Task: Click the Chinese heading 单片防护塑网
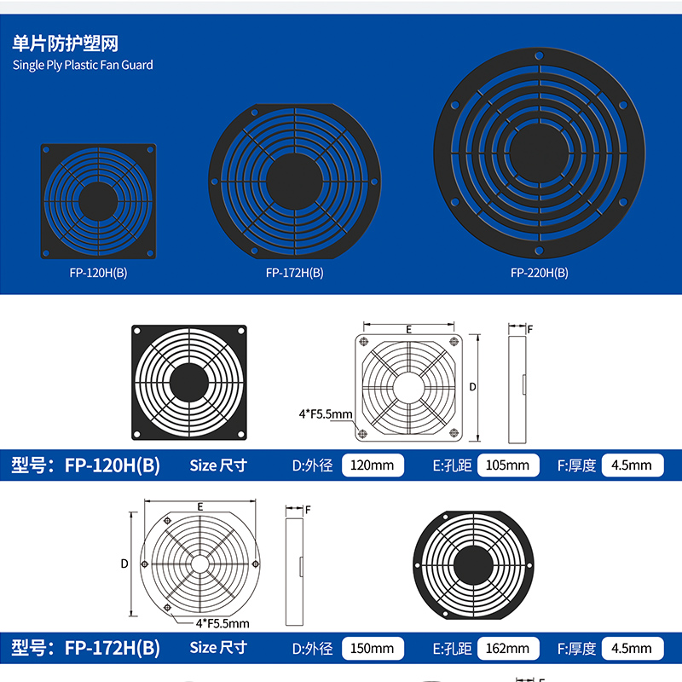point(66,43)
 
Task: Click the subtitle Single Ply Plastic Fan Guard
point(83,66)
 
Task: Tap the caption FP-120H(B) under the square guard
point(98,273)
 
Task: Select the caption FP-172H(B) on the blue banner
point(294,273)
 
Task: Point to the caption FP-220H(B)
point(540,273)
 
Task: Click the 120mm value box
point(373,465)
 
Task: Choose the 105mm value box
point(508,465)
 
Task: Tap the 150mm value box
point(373,648)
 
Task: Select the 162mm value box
point(508,648)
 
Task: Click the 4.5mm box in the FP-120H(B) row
point(633,465)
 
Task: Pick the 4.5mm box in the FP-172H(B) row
point(633,648)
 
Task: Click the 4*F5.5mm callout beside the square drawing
point(326,413)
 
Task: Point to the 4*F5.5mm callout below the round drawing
point(223,623)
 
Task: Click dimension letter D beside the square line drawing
point(472,387)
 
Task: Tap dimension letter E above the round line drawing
point(200,506)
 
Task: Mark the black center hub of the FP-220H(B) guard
point(540,153)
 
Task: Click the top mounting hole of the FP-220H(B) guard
point(540,55)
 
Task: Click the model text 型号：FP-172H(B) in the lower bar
point(86,648)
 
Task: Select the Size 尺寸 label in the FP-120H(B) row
point(218,465)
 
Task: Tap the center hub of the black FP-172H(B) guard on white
point(474,565)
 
